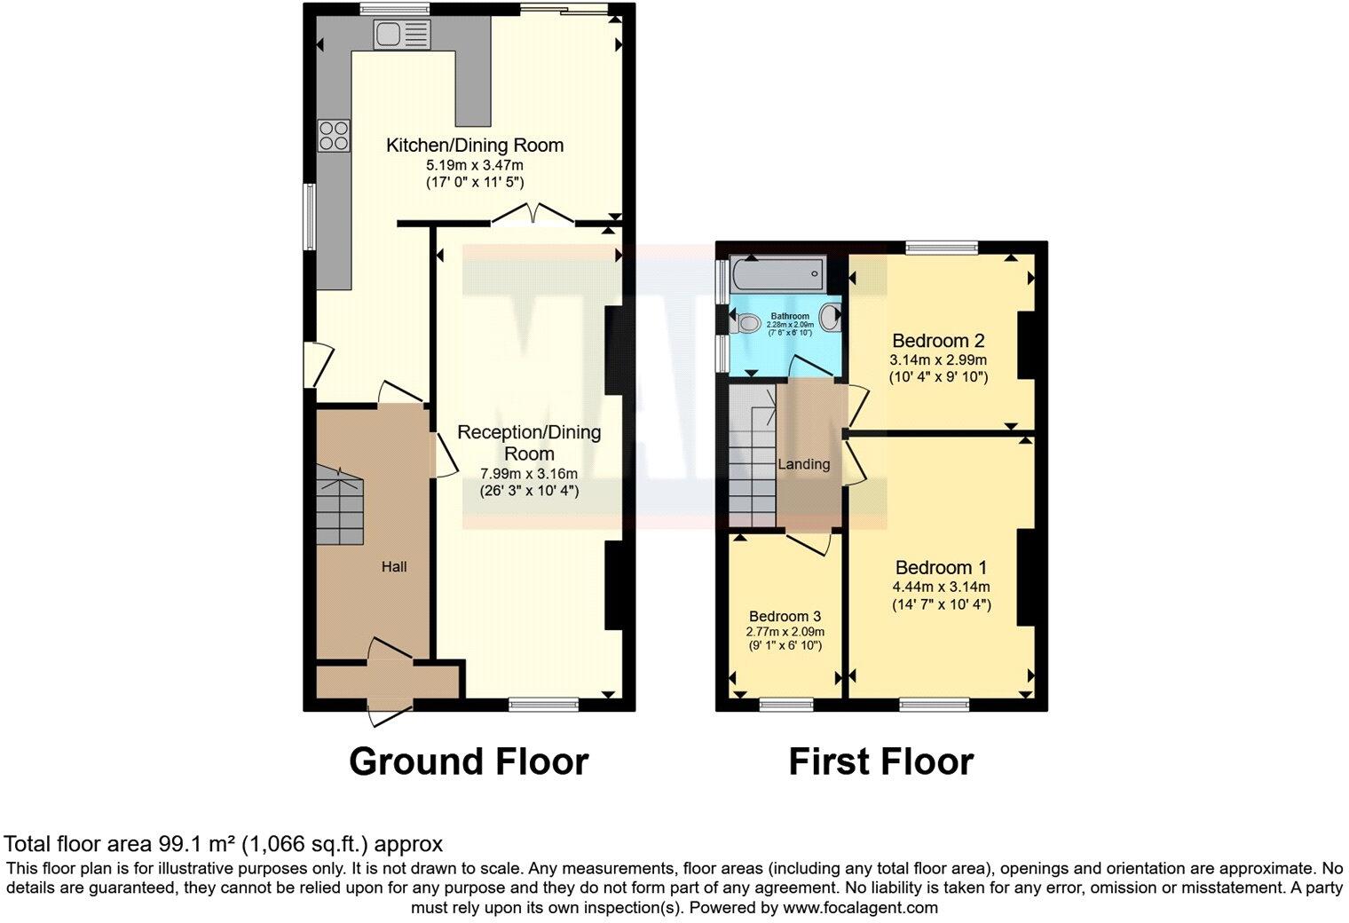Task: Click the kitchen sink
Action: pos(401,35)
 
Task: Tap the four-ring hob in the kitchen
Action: pos(334,135)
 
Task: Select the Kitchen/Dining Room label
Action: pos(474,145)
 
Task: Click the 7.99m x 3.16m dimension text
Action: pos(528,473)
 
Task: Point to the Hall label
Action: pos(394,566)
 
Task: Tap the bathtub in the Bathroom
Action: pos(777,275)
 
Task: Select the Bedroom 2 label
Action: pos(938,341)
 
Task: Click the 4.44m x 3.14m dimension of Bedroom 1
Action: pos(941,587)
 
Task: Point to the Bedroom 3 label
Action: pos(785,616)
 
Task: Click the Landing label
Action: pos(803,464)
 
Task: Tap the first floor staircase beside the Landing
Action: pos(753,457)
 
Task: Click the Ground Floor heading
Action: pos(468,761)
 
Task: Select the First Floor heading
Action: pos(880,761)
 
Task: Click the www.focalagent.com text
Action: pos(859,908)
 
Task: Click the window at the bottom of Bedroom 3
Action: pos(780,705)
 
